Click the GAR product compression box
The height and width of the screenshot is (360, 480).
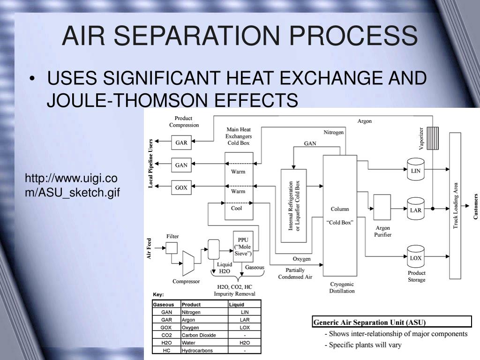click(x=181, y=142)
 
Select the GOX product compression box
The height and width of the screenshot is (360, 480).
click(x=181, y=187)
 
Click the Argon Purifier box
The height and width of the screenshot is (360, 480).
click(x=382, y=207)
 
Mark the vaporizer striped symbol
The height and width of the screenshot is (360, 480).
click(x=433, y=138)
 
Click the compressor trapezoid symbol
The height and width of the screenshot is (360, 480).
click(x=188, y=263)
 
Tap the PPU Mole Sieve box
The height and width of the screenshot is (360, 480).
click(x=243, y=247)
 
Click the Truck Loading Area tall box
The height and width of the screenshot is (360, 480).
click(x=455, y=205)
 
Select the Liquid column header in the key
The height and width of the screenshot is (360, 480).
click(x=237, y=305)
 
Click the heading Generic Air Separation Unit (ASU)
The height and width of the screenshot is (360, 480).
click(x=370, y=322)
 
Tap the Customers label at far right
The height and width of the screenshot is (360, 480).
click(x=475, y=206)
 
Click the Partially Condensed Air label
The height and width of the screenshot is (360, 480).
click(x=295, y=273)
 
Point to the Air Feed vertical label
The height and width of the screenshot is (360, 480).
click(x=149, y=248)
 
